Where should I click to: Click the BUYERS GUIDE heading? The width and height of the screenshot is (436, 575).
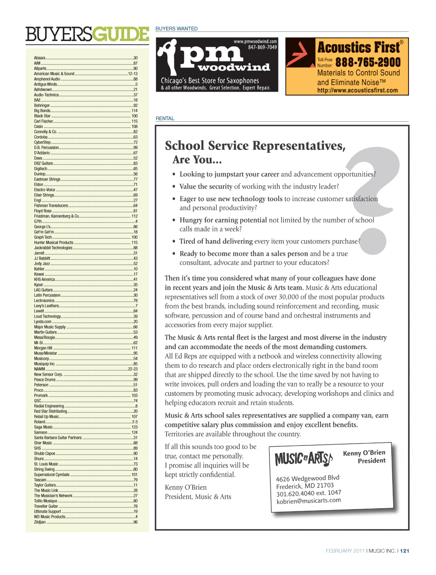(87, 34)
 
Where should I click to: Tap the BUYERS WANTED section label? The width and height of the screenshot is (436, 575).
(177, 29)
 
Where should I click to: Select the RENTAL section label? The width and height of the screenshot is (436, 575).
(165, 119)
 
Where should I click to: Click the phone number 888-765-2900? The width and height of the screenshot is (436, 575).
(368, 62)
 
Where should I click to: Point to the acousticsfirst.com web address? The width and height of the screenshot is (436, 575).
(358, 91)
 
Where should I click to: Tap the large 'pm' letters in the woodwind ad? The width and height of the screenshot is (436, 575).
(211, 54)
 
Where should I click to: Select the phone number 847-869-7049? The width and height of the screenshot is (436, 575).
(262, 47)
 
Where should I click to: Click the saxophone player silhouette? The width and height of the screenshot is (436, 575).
(168, 57)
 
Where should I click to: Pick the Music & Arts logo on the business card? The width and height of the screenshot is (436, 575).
(303, 459)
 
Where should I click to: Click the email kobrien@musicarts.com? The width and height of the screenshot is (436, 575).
(309, 501)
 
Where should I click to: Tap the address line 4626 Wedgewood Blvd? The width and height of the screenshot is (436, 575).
(307, 478)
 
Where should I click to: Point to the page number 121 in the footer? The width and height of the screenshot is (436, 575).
(405, 551)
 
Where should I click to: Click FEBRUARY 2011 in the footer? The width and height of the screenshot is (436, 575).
(345, 551)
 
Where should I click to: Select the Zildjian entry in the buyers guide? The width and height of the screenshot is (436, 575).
(40, 522)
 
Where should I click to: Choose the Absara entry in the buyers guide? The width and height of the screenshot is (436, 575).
(40, 58)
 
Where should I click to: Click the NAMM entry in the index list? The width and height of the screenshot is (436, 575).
(40, 369)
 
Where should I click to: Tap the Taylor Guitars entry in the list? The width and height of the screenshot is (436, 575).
(45, 485)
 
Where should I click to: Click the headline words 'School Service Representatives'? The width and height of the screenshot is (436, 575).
(255, 146)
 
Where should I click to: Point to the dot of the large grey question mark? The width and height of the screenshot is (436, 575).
(373, 241)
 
